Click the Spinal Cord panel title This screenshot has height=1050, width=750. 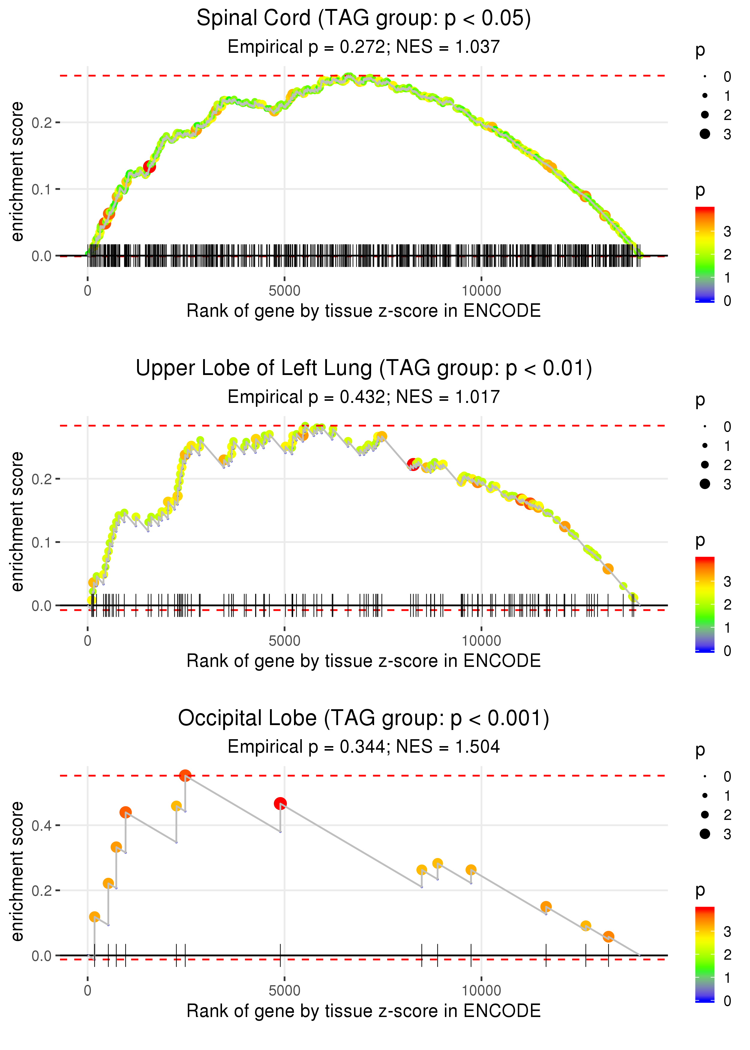(364, 19)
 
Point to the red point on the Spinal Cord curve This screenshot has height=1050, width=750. (149, 166)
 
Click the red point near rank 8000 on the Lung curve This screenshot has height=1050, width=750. (413, 463)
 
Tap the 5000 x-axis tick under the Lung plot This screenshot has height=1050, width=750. (284, 641)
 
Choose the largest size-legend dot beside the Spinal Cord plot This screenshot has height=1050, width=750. (705, 134)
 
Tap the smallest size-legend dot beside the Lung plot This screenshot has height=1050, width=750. (705, 427)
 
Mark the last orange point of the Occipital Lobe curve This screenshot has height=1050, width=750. (608, 936)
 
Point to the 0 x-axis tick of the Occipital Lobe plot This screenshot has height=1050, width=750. (88, 991)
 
